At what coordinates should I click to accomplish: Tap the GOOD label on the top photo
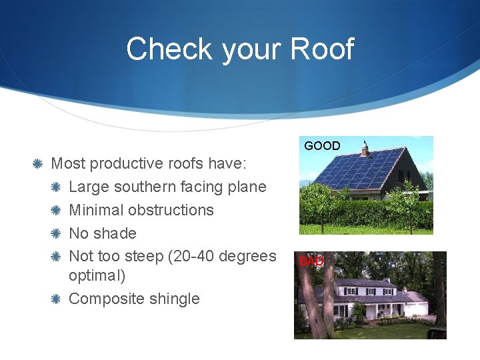coord(322,146)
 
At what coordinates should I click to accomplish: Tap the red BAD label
coord(311,261)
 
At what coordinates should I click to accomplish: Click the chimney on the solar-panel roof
coord(365,148)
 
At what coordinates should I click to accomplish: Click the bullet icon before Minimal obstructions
coord(56,210)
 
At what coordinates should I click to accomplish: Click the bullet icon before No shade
coord(56,233)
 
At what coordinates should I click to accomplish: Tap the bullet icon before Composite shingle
coord(56,299)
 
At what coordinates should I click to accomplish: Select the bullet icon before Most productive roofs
coord(38,163)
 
